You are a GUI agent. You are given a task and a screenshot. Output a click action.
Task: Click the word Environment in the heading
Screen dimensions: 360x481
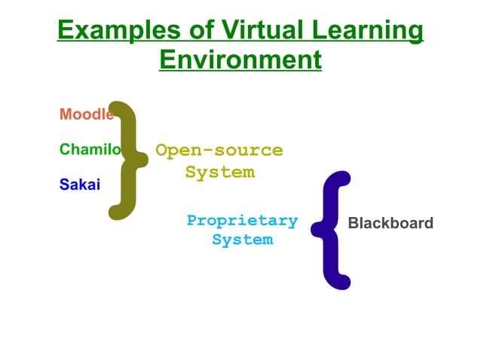tap(240, 59)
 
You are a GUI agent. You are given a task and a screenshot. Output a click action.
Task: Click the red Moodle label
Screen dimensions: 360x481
tap(86, 114)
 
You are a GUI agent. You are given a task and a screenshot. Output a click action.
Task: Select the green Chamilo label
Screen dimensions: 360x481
tap(90, 149)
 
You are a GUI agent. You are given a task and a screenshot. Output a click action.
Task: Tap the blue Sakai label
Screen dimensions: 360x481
tap(79, 185)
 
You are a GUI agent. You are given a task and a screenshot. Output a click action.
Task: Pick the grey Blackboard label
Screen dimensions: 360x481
tap(391, 223)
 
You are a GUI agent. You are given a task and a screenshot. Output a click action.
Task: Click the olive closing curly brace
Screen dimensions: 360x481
tap(127, 160)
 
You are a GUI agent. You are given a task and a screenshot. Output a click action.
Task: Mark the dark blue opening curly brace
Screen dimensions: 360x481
tap(333, 230)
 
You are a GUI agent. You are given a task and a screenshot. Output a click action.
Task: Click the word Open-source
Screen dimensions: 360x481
tap(219, 150)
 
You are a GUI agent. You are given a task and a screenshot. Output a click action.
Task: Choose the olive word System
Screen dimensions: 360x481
tap(219, 172)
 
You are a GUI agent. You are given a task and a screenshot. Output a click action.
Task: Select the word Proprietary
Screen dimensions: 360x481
tap(242, 221)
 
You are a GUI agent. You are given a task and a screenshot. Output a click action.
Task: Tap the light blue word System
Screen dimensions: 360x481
tap(242, 240)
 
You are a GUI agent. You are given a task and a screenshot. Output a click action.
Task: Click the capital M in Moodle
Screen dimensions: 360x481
tap(66, 114)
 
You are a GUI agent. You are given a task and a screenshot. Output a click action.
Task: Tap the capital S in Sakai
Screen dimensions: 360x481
tap(64, 185)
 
